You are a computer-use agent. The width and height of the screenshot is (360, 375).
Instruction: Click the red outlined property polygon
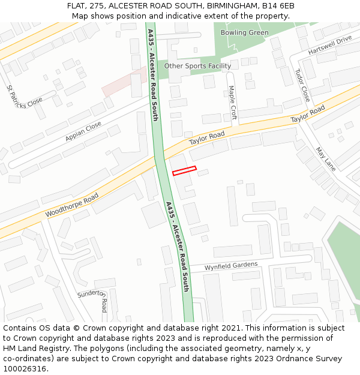point(184,171)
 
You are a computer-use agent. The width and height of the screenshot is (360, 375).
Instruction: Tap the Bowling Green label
point(244,32)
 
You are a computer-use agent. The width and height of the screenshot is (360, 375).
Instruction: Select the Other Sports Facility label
point(197,66)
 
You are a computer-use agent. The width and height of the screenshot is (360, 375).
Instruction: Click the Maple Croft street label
point(233,103)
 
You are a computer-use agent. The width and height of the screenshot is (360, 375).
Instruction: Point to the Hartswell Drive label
point(330,46)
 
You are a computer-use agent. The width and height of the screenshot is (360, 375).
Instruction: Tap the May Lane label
point(326,159)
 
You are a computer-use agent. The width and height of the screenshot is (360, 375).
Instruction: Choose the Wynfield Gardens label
point(231,265)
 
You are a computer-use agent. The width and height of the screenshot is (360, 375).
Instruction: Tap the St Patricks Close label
point(25,97)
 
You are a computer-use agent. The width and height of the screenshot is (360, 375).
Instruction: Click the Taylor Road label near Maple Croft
point(206,139)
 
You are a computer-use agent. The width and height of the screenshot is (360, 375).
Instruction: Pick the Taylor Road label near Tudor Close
point(308,114)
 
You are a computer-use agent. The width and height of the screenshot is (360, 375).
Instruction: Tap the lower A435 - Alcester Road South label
point(178,246)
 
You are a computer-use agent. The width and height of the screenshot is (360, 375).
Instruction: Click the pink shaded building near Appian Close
point(124,82)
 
